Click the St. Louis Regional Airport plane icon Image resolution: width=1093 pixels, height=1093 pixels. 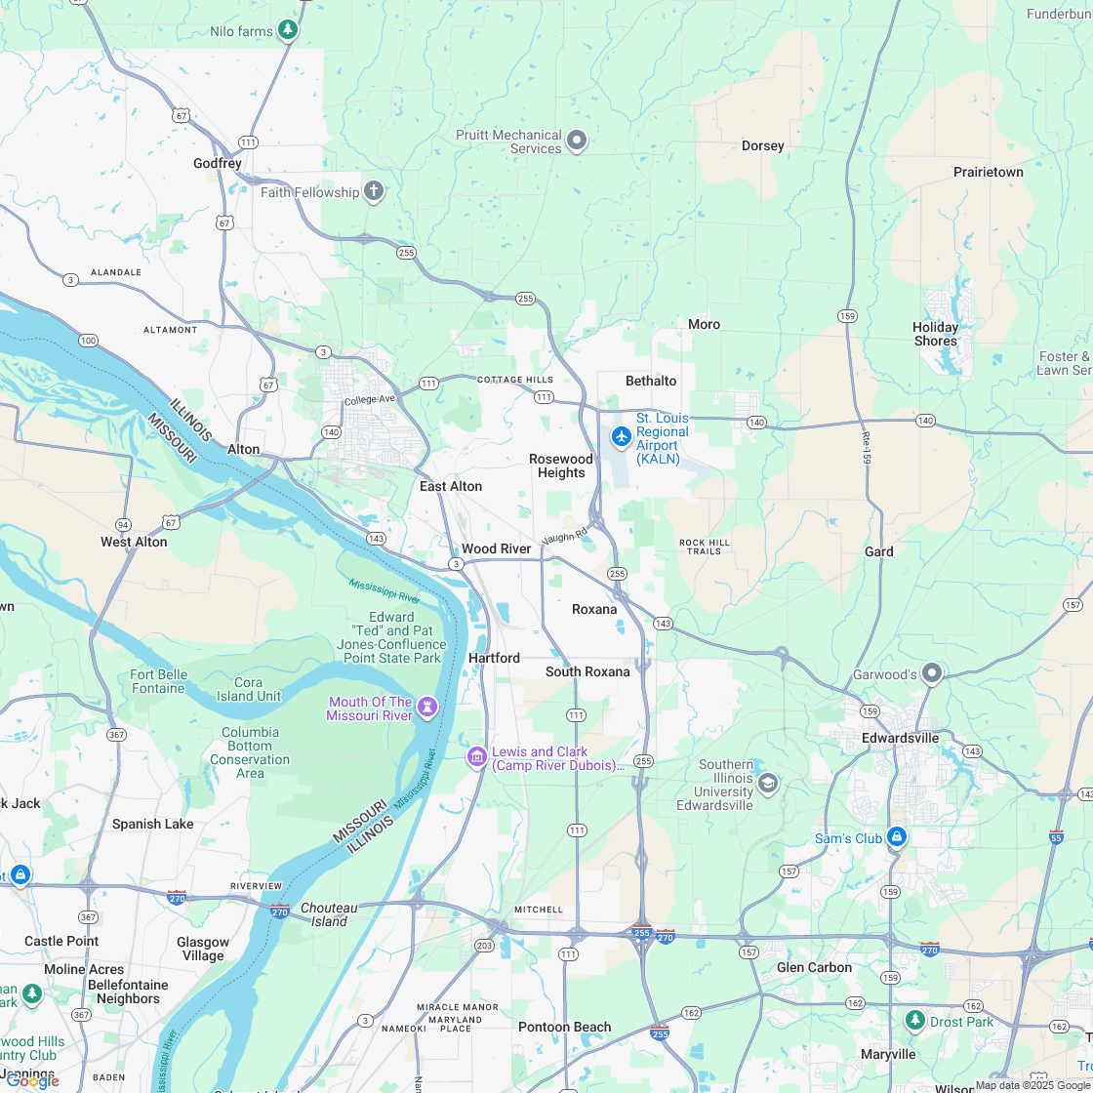click(621, 436)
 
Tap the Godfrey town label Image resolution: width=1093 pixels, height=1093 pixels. click(217, 163)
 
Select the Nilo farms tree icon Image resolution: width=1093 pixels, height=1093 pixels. click(288, 30)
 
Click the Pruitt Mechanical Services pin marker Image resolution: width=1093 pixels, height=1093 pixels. click(577, 142)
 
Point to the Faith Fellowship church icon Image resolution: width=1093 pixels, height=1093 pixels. click(373, 190)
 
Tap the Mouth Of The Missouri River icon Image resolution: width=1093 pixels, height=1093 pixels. click(426, 707)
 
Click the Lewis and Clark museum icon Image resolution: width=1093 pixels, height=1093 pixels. click(476, 756)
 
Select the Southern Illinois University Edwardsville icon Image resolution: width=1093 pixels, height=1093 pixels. click(768, 783)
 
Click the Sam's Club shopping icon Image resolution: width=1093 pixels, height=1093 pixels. click(897, 837)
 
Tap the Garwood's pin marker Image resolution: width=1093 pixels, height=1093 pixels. click(932, 672)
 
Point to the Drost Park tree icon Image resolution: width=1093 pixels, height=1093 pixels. click(914, 1020)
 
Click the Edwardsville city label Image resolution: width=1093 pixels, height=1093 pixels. click(900, 738)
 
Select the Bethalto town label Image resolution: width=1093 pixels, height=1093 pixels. click(651, 381)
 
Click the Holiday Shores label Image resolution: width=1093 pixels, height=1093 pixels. click(936, 334)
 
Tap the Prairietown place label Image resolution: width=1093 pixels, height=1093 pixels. click(988, 172)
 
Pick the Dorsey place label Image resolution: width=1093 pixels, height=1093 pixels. click(762, 145)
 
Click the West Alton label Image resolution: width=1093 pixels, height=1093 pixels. click(134, 542)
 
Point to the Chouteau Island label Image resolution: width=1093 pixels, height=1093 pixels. click(329, 914)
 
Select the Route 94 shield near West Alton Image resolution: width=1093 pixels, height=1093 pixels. click(123, 524)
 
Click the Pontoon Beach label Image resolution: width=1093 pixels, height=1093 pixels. click(564, 1027)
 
